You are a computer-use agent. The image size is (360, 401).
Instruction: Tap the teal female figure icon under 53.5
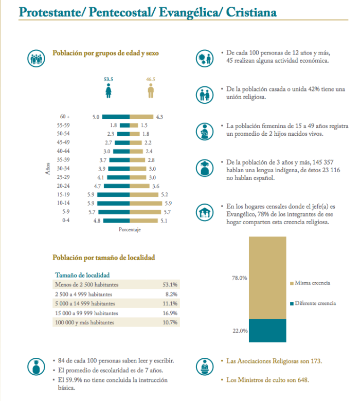108,92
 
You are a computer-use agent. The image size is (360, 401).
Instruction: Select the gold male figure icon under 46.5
151,92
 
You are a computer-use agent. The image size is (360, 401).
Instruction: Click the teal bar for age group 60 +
116,117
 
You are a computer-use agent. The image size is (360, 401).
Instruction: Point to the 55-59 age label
64,125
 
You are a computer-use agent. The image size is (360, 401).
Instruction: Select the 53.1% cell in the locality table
170,284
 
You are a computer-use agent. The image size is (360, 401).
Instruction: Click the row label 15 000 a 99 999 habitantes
86,313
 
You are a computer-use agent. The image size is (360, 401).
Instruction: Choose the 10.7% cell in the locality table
170,323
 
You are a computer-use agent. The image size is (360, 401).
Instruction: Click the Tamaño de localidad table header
82,275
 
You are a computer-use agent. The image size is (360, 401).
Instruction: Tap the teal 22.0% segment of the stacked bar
267,331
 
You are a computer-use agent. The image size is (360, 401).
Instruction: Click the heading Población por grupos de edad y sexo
106,53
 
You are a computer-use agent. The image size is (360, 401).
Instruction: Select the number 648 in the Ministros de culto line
302,380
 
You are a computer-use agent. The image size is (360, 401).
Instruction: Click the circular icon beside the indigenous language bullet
205,168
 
